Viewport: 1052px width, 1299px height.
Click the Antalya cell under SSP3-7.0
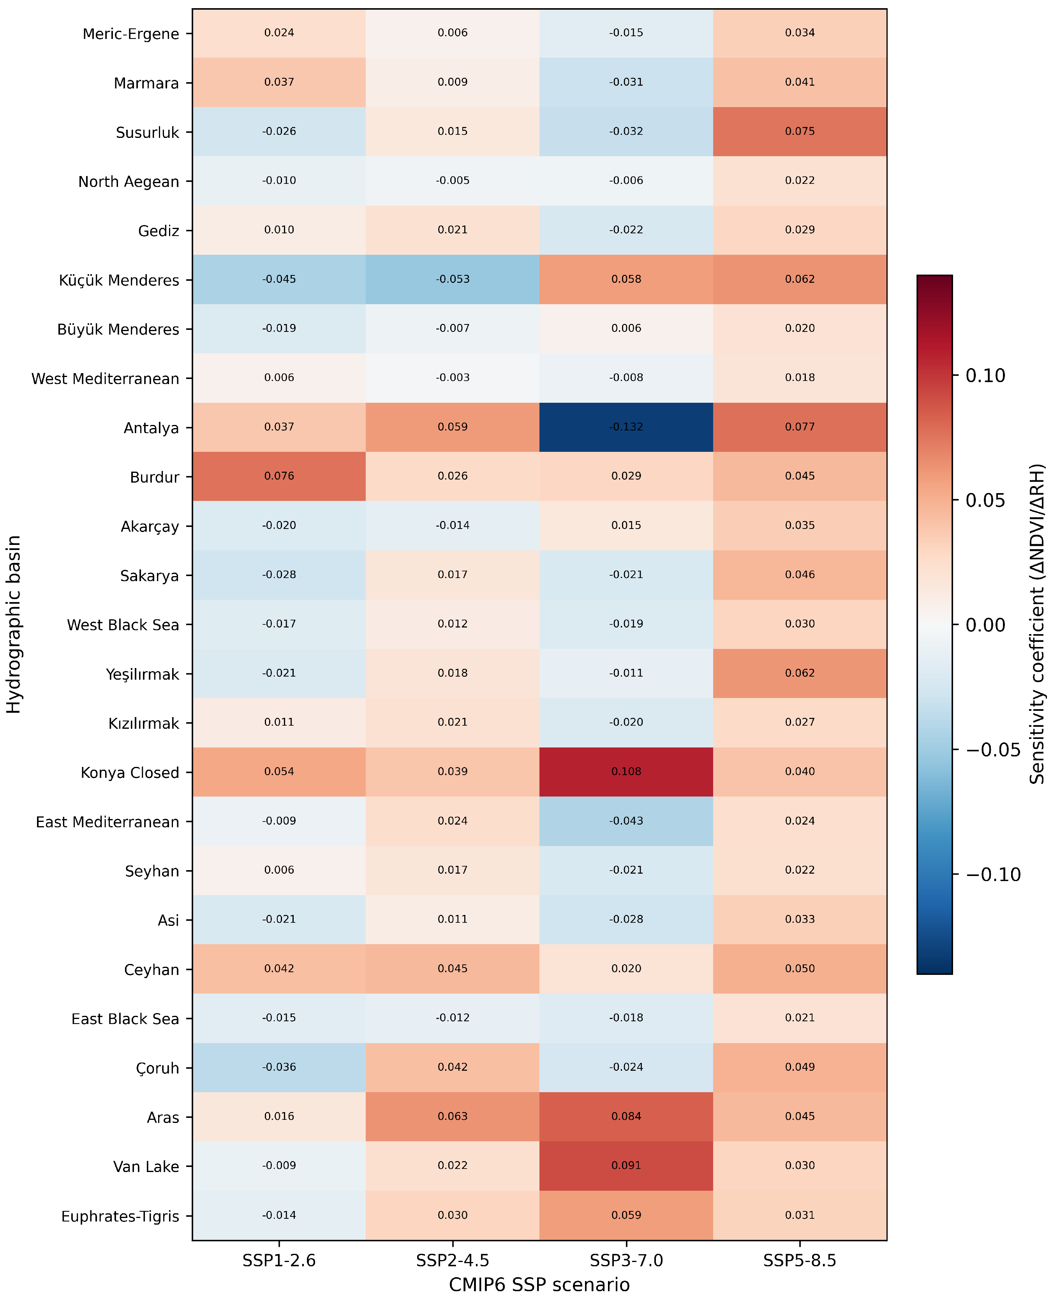(x=626, y=427)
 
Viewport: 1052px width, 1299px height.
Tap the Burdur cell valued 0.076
(x=279, y=476)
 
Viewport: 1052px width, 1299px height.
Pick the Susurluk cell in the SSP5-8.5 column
(x=800, y=132)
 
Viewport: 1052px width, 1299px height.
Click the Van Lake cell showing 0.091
(x=626, y=1166)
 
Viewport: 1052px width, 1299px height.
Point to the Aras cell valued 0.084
(x=626, y=1117)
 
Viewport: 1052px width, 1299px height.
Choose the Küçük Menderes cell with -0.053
(x=453, y=279)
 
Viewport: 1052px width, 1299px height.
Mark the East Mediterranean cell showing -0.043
(x=626, y=821)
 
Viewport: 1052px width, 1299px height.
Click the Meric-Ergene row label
(x=131, y=34)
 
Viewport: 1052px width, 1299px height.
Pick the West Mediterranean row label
(x=106, y=379)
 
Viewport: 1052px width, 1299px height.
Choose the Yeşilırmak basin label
(x=143, y=674)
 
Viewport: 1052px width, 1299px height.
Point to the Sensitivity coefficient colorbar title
(x=1038, y=624)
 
